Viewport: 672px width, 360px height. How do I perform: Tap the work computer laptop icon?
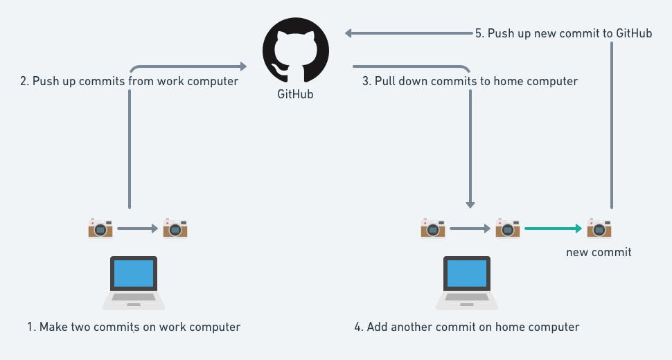(134, 282)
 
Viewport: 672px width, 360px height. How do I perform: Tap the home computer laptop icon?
(467, 282)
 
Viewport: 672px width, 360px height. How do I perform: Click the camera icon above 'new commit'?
(599, 228)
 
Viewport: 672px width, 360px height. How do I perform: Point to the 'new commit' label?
(599, 252)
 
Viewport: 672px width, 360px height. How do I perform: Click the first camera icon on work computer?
(100, 228)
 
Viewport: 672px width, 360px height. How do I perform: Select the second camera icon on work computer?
(175, 228)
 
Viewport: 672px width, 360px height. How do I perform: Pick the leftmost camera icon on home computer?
(433, 228)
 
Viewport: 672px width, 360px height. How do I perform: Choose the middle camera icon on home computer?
(507, 228)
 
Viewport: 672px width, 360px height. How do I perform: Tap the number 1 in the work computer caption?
(30, 327)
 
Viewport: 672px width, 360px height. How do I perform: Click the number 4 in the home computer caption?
(357, 327)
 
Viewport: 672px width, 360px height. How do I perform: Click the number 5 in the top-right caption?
(478, 33)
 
